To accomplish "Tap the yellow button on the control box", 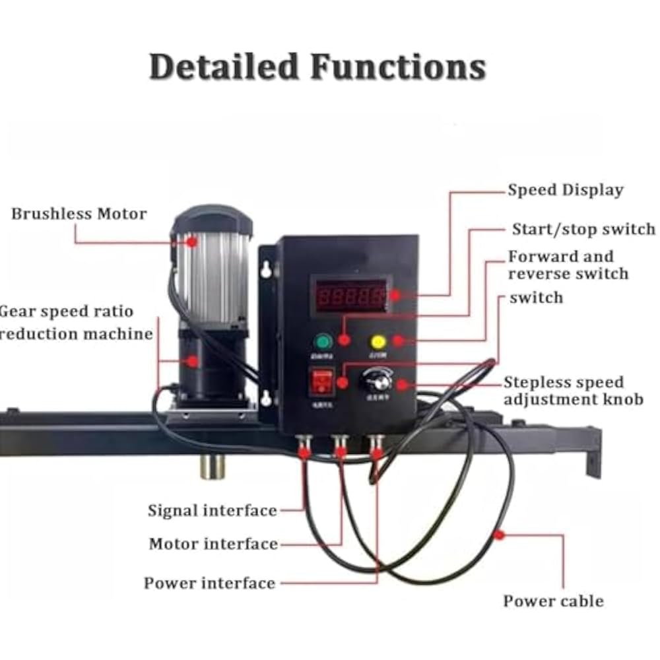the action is [x=378, y=342].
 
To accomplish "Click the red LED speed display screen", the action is [x=349, y=294].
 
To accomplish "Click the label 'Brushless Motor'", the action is [x=79, y=214].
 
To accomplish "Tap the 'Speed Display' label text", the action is [x=566, y=190].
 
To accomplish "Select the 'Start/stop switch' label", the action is [x=583, y=229].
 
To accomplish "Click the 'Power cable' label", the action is [x=553, y=601].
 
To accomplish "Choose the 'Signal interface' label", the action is [x=213, y=510].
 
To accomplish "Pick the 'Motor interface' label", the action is [x=213, y=544].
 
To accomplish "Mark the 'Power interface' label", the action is [x=210, y=583].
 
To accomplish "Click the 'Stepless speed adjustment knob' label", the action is [x=573, y=391].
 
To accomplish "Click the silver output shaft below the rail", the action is [x=213, y=466].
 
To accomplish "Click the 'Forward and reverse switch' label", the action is [x=568, y=265].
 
